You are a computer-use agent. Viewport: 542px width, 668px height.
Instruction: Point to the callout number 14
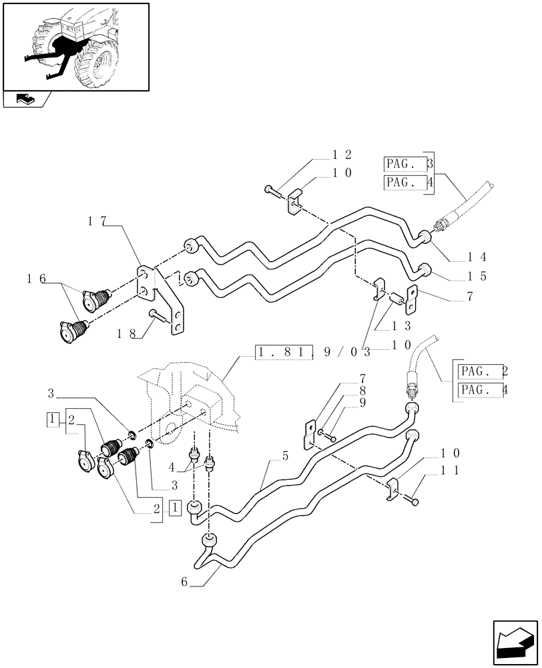(478, 257)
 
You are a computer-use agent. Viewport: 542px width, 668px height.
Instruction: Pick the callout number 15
(478, 275)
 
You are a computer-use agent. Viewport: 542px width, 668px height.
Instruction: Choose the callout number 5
(286, 458)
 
